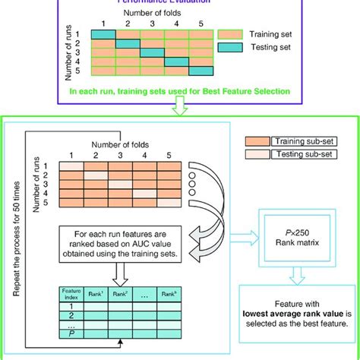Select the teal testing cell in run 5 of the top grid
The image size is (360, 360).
click(201, 71)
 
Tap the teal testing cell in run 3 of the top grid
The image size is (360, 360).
click(153, 53)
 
